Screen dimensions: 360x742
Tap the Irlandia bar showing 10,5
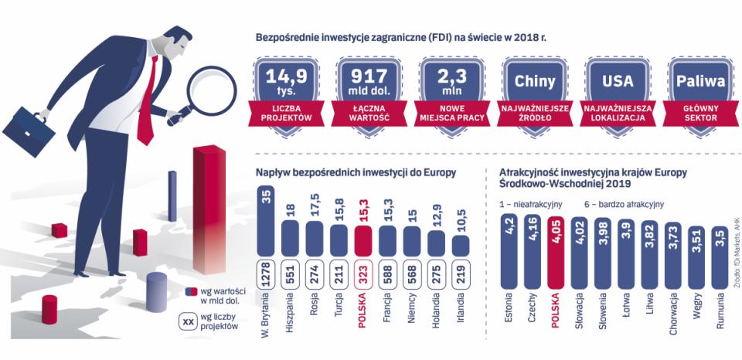coord(461,245)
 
